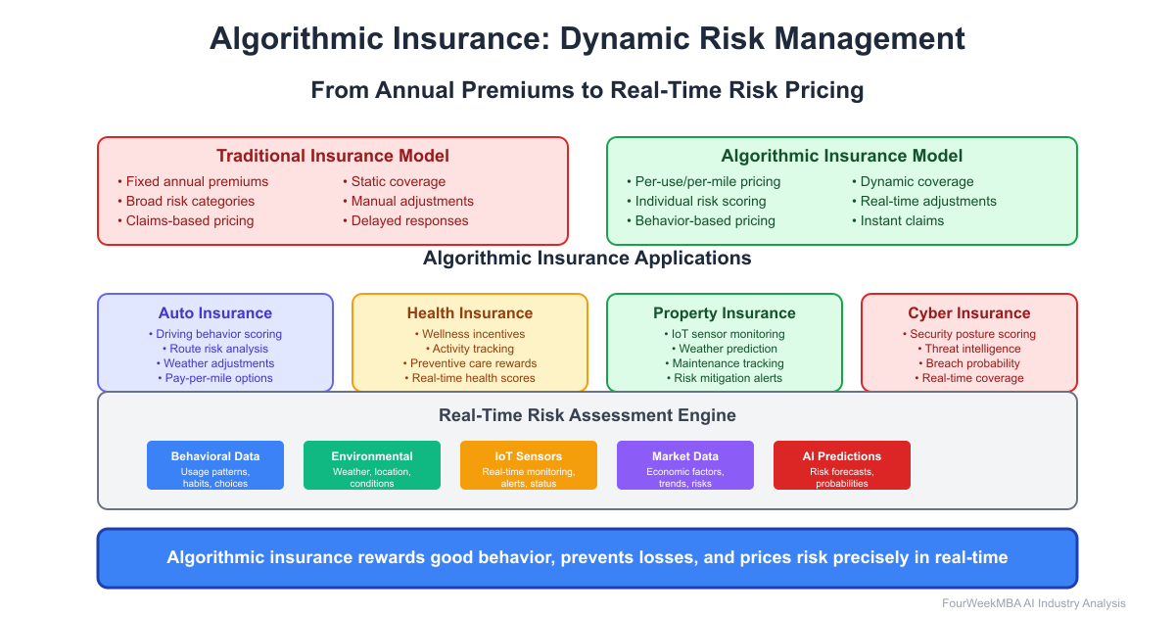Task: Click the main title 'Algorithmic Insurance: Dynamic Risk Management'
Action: click(587, 39)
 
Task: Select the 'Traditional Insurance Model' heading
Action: click(333, 156)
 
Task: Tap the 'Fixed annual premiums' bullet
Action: click(196, 181)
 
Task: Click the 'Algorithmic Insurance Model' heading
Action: click(842, 156)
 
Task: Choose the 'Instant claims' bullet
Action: click(902, 220)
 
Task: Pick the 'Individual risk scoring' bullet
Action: click(700, 201)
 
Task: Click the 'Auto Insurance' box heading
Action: click(215, 313)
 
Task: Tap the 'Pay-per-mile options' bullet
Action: click(218, 378)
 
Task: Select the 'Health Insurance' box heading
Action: click(470, 313)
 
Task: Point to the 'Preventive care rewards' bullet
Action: click(474, 363)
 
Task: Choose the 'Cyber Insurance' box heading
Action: click(969, 313)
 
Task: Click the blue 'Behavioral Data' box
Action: click(215, 465)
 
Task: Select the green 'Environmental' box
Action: click(372, 465)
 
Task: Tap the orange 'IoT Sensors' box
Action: click(529, 465)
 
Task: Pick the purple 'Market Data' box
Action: click(685, 465)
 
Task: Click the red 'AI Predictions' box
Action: click(842, 465)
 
